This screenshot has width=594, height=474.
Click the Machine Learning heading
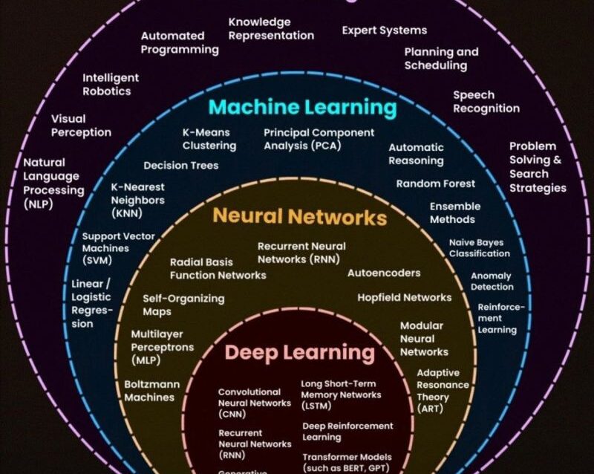[302, 108]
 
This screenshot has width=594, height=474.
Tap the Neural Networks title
[300, 217]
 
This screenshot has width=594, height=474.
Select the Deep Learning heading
[300, 351]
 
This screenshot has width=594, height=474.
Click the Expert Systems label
[384, 30]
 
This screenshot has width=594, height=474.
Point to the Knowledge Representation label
[271, 28]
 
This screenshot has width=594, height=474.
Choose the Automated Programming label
[180, 42]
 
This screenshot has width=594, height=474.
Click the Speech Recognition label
[486, 102]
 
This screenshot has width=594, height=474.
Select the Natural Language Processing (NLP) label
[53, 183]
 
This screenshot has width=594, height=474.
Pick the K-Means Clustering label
[209, 139]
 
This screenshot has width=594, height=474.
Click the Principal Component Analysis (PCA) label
[319, 139]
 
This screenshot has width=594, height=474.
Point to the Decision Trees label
[181, 166]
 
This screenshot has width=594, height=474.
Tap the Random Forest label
[435, 184]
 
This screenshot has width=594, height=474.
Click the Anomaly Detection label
[492, 281]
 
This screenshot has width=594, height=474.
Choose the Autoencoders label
[384, 273]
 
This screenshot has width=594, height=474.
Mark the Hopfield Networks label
[404, 297]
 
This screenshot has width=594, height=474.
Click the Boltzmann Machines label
[149, 391]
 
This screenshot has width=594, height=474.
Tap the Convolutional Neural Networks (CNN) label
[254, 403]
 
